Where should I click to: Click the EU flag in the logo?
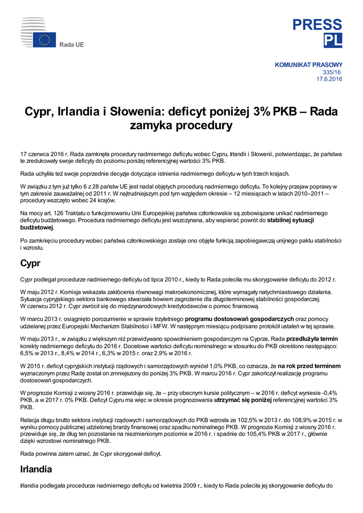pos(45,40)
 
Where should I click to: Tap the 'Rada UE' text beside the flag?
pos(72,45)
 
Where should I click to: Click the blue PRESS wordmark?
pos(317,25)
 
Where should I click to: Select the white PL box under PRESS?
pos(332,41)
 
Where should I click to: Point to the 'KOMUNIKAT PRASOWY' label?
pos(309,65)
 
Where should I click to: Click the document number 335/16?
pos(334,72)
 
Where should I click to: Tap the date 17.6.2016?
pos(329,79)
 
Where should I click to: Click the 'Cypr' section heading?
pos(30,264)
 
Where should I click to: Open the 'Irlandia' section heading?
pos(36,469)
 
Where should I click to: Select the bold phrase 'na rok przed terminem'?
pos(310,366)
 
